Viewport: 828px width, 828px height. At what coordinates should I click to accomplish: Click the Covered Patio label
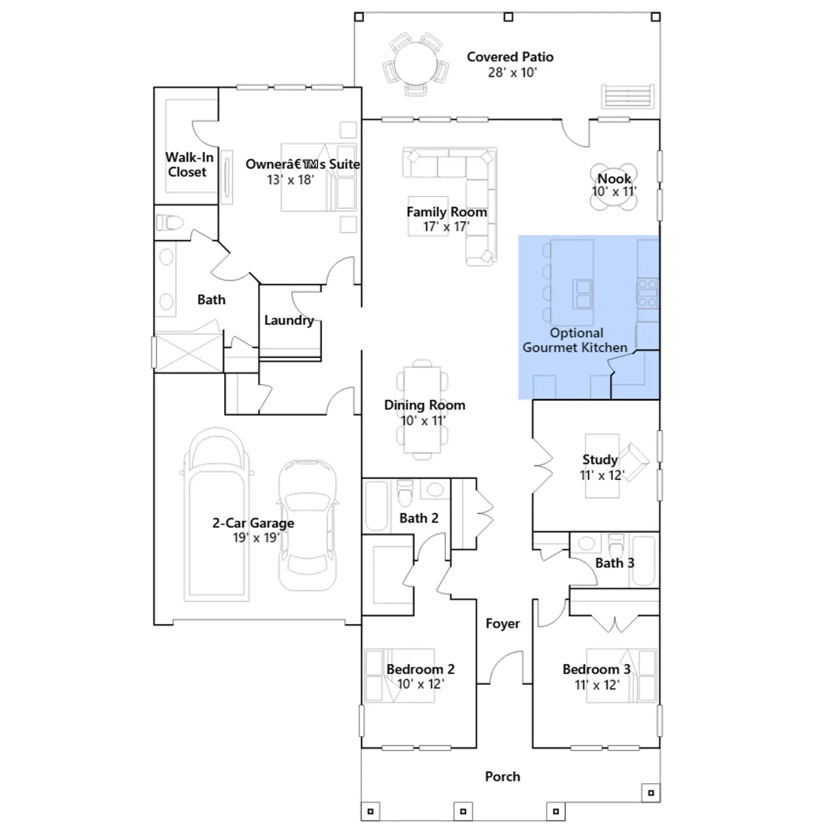point(510,57)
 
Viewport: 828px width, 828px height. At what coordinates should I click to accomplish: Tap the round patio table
point(416,65)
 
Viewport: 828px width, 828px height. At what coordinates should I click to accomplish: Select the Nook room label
point(614,179)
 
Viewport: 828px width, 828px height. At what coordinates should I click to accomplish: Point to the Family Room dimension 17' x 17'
point(446,227)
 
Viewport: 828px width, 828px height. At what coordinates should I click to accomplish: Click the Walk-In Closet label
point(189,165)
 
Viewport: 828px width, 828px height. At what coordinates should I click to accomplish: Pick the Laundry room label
point(289,320)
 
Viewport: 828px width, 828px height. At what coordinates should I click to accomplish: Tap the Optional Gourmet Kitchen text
point(575,340)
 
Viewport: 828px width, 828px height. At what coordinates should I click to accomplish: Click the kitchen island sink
point(583,294)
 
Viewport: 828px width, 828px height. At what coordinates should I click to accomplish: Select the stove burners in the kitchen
point(647,293)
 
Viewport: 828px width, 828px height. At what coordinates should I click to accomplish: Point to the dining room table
point(422,409)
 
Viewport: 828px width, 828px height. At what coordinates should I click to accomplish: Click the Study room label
point(600,460)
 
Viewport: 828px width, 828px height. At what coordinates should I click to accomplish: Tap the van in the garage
point(216,514)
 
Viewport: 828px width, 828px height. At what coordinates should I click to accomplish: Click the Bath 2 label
point(419,518)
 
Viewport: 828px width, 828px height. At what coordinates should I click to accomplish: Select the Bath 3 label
point(614,563)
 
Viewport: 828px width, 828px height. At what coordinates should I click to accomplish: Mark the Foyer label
point(502,624)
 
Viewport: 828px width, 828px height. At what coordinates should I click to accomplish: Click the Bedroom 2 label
point(420,669)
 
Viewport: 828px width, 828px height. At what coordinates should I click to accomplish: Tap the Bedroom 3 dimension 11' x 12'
point(597,685)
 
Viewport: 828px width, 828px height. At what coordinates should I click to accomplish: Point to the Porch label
point(502,776)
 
